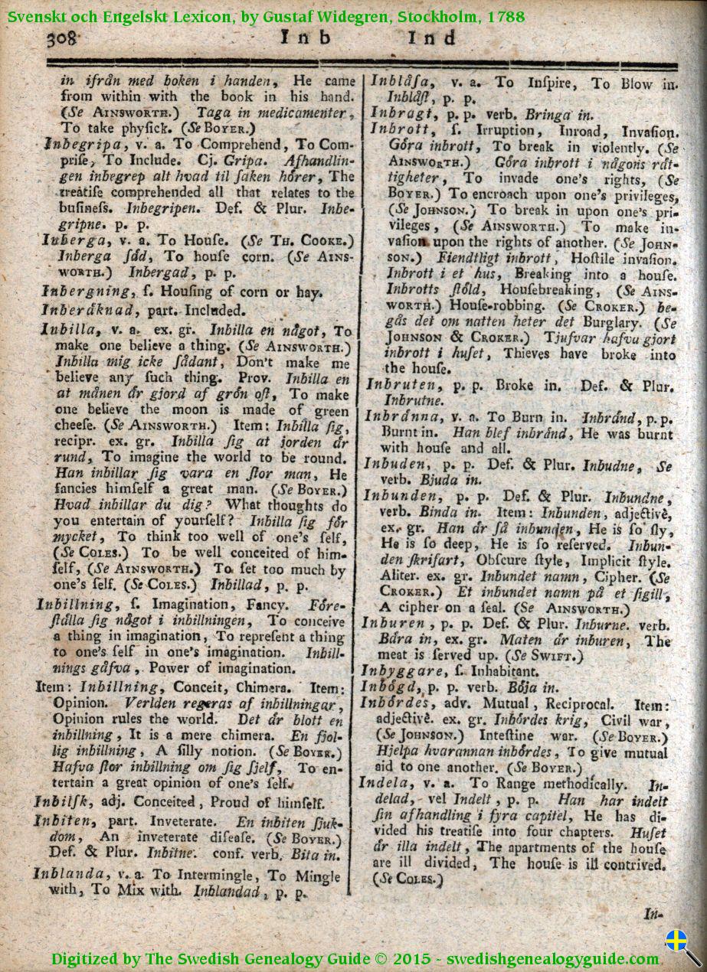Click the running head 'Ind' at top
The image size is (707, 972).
coord(430,38)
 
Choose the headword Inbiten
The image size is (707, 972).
coord(64,820)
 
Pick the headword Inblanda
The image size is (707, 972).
coord(70,874)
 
